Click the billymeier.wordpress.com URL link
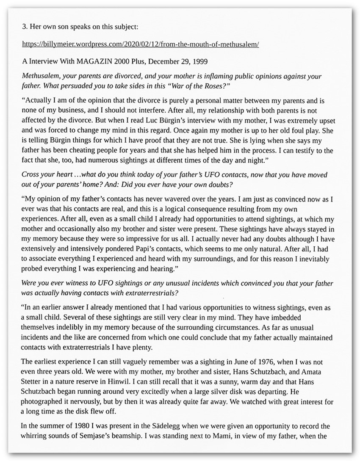pos(140,44)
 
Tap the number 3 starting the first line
pos(24,26)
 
